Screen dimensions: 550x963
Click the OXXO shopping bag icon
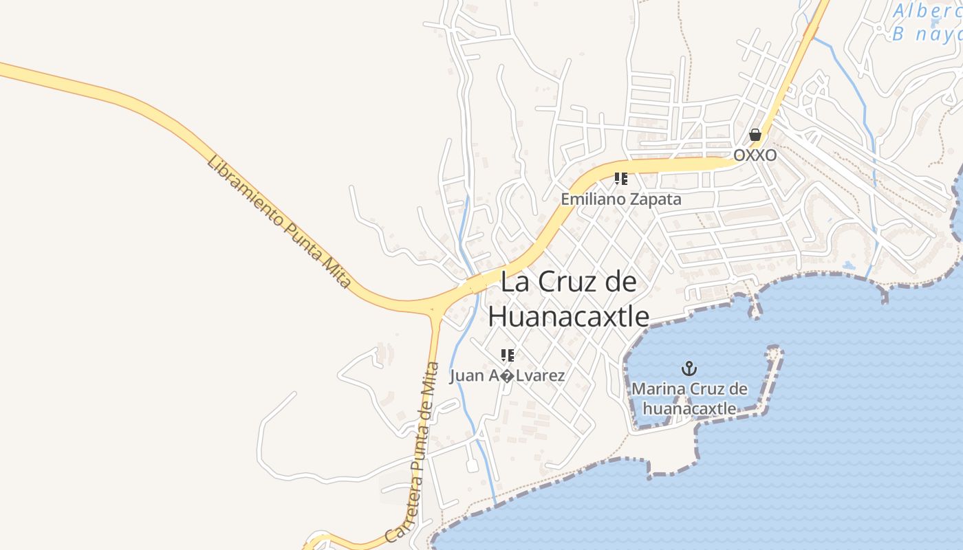(755, 135)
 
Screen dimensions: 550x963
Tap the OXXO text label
(755, 155)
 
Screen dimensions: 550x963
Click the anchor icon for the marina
(689, 369)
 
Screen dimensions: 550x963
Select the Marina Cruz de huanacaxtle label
(689, 399)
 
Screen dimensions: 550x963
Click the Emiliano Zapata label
(621, 199)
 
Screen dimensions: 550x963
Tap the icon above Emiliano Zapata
(621, 179)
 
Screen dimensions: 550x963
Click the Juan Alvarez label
(508, 376)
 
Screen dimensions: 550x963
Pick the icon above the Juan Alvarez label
(508, 355)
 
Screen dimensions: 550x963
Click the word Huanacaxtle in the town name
(568, 317)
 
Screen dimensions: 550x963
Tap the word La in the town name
(516, 282)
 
